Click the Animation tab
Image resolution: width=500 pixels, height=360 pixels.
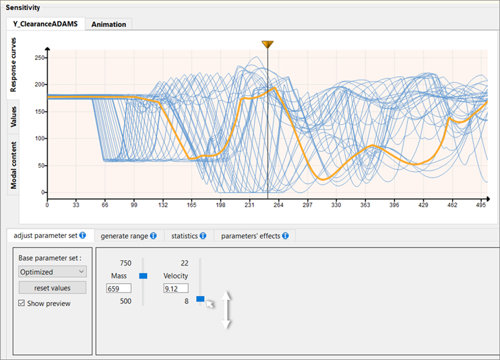pos(108,24)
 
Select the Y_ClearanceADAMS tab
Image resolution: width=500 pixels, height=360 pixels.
pos(45,24)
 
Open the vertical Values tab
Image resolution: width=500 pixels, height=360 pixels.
pos(13,116)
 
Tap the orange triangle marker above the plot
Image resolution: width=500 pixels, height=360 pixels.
pos(268,44)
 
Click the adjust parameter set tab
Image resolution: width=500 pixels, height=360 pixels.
pos(49,236)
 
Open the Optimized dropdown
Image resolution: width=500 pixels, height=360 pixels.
pos(53,271)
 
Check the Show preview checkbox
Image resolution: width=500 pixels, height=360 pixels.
pos(22,303)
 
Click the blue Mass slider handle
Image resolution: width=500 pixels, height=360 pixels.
pos(143,276)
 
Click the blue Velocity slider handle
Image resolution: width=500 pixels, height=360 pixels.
pos(200,299)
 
